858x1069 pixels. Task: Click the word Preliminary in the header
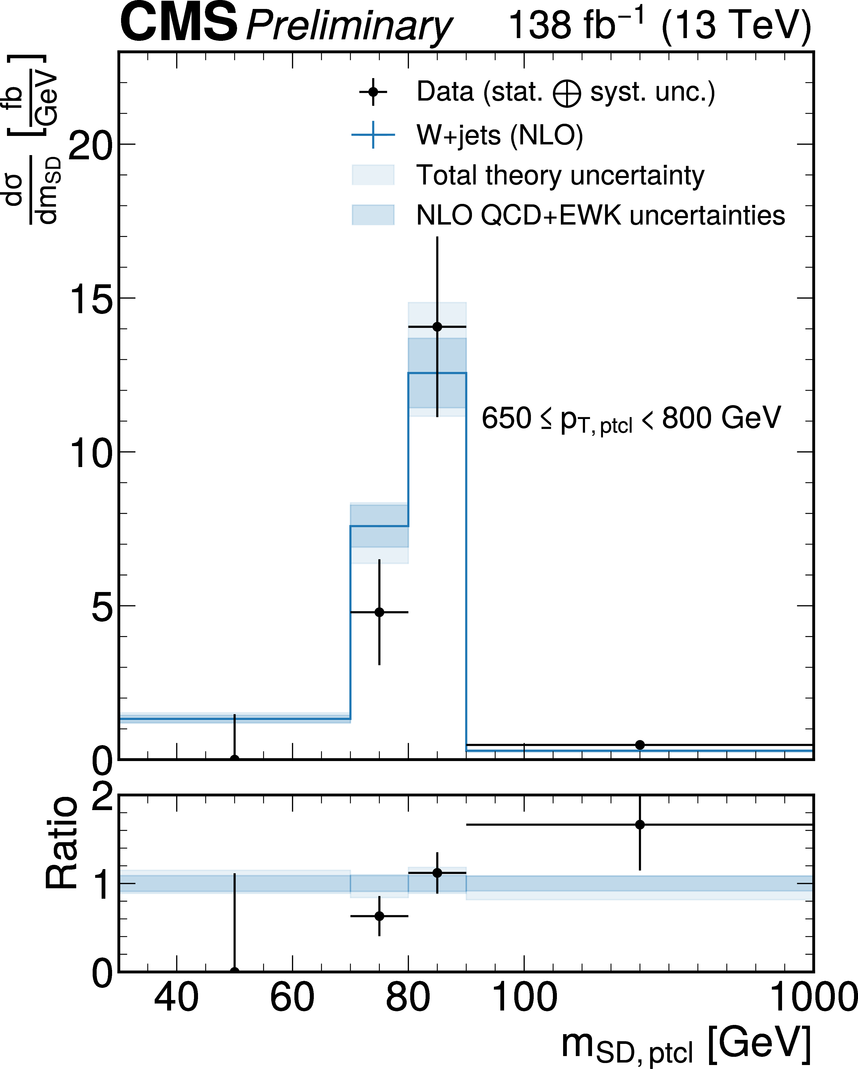[x=349, y=26]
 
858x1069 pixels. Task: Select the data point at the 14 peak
[x=437, y=327]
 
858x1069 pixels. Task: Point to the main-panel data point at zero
[x=235, y=759]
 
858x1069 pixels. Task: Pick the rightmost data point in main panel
[x=640, y=745]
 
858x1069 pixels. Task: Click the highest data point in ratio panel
[x=640, y=825]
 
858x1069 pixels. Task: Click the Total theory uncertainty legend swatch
[x=373, y=175]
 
